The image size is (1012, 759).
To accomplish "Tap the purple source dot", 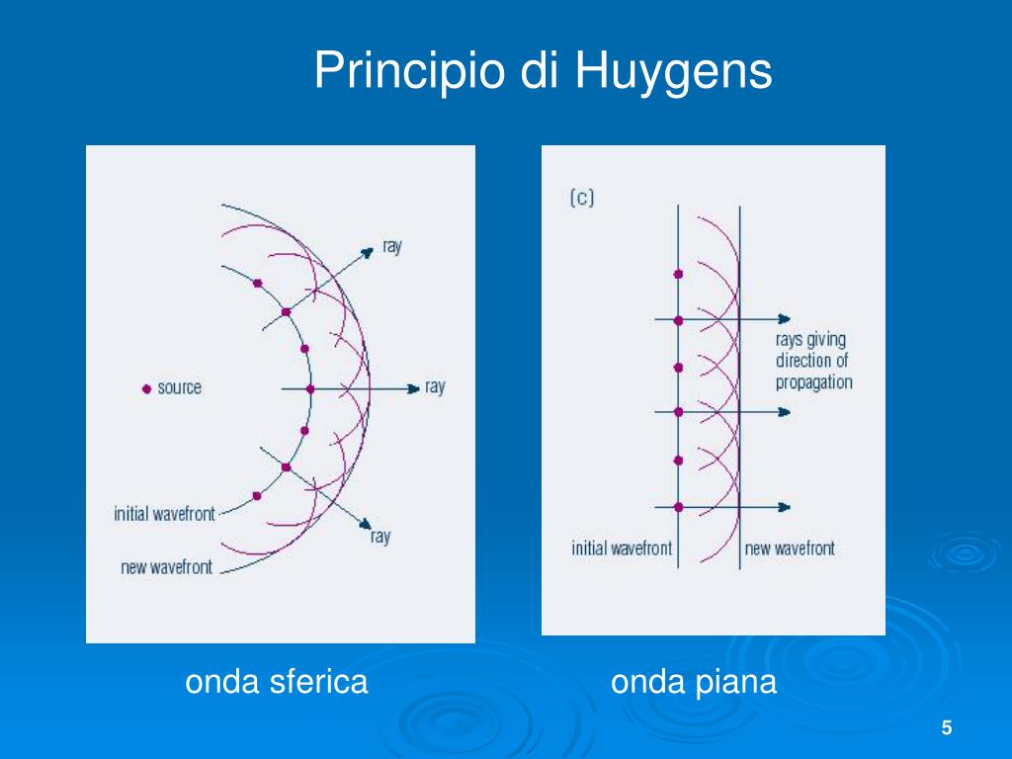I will (146, 387).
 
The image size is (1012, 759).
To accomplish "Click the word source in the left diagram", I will (179, 387).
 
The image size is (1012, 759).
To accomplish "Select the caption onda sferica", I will (277, 682).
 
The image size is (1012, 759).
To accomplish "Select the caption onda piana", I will (694, 682).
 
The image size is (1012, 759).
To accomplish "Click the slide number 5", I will (946, 728).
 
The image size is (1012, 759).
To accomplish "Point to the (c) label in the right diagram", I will (582, 198).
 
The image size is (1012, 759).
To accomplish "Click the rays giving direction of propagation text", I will (812, 361).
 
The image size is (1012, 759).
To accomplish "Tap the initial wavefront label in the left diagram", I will (164, 514).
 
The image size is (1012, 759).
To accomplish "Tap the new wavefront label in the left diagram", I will (166, 567).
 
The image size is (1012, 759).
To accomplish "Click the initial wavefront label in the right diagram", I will (622, 548).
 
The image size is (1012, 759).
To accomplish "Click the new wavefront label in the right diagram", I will (790, 548).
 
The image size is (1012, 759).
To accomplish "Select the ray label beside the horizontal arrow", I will (435, 386).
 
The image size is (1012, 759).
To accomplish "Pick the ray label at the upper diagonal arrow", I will (392, 247).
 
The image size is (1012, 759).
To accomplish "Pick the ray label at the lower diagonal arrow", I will (380, 537).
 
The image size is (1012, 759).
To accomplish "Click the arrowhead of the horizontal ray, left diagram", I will (415, 388).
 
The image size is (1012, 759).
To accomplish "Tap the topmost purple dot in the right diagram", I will (678, 274).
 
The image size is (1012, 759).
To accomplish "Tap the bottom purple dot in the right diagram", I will (678, 507).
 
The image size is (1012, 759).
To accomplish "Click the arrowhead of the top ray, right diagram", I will (785, 318).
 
